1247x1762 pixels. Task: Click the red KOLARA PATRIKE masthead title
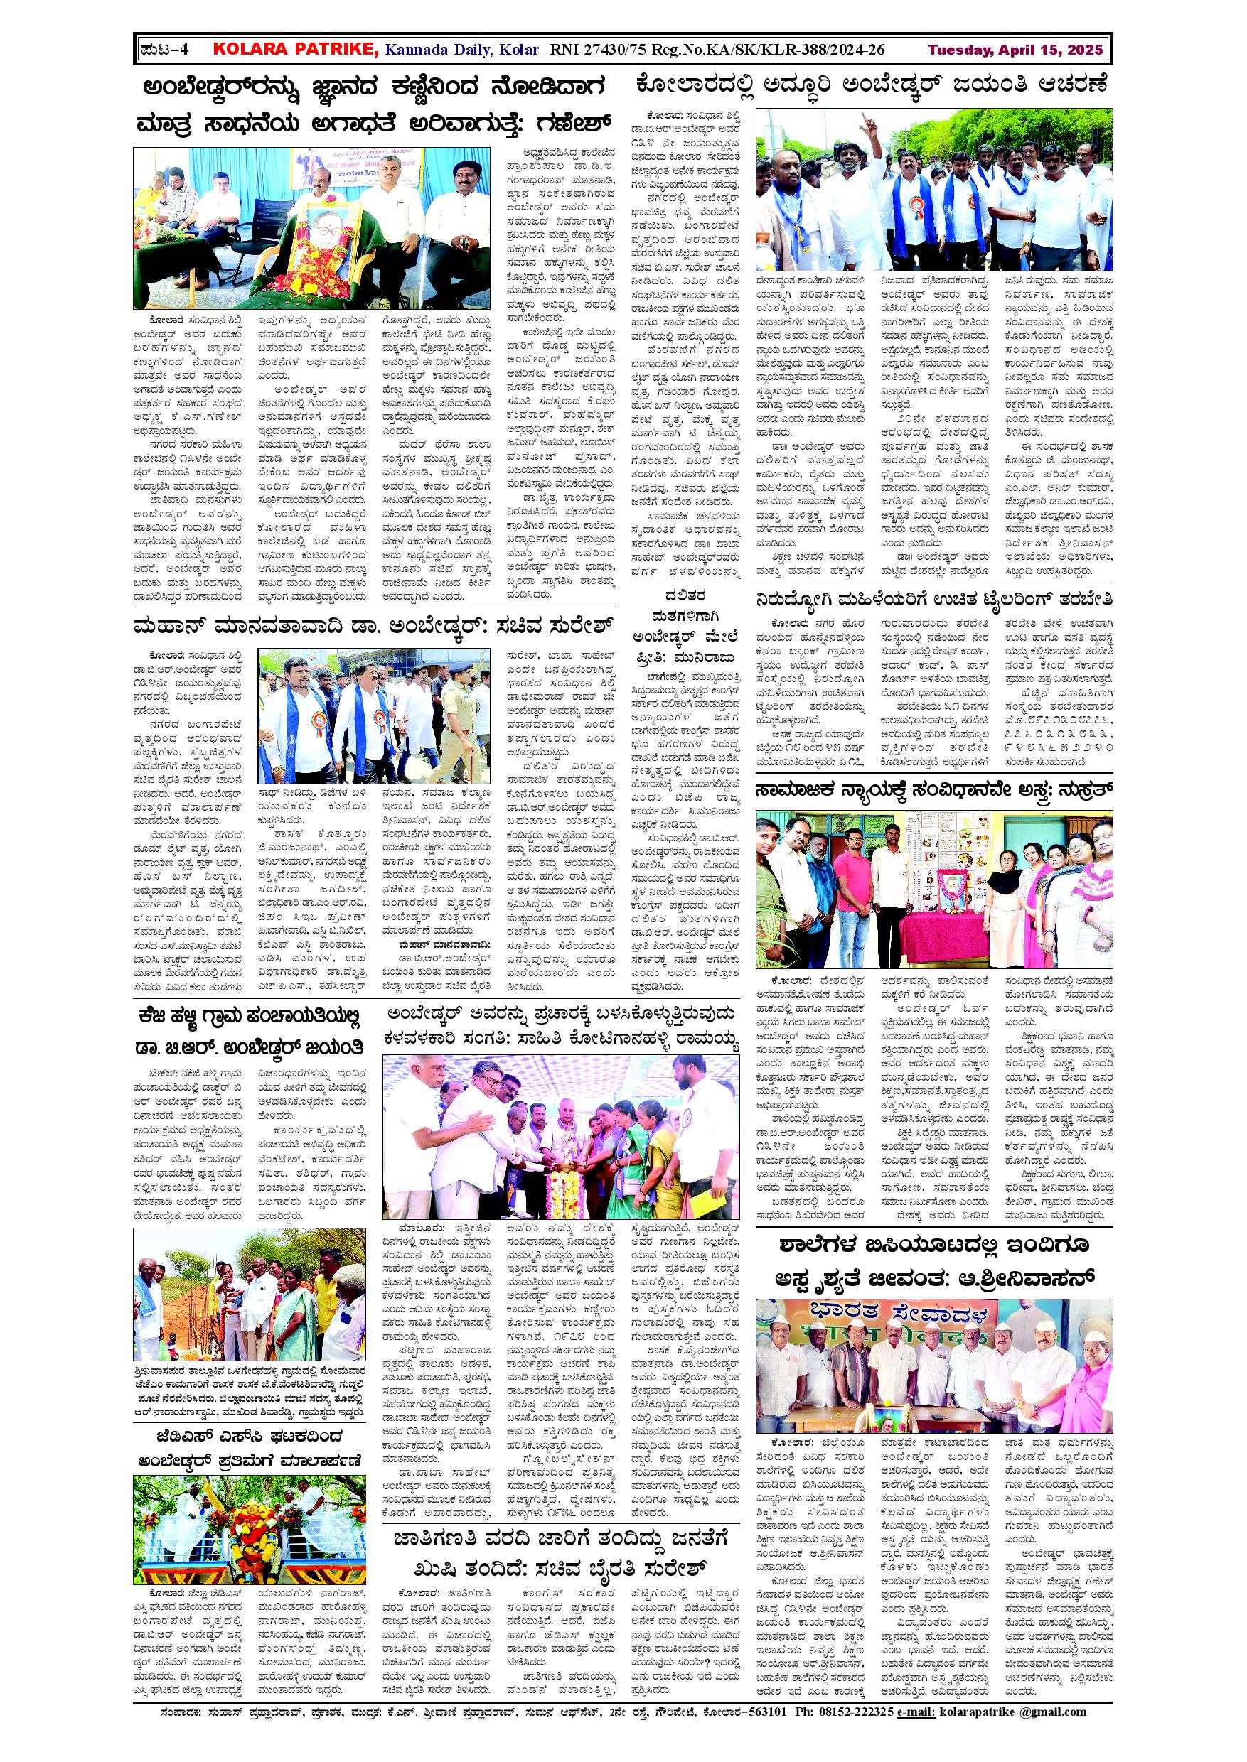[296, 50]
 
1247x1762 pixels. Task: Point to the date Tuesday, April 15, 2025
[1016, 50]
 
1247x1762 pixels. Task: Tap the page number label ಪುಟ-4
[165, 50]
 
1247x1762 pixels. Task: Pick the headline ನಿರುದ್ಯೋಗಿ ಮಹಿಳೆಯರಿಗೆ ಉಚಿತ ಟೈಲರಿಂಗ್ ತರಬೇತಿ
[933, 600]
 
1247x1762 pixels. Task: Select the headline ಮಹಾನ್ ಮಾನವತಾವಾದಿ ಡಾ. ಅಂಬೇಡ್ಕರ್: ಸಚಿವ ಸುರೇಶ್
[375, 625]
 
